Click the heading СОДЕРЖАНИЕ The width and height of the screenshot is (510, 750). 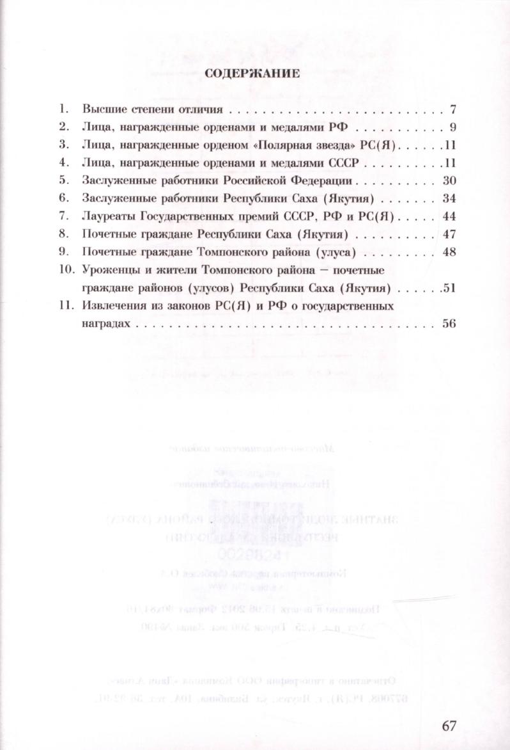click(252, 73)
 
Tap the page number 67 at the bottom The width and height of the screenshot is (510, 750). click(450, 726)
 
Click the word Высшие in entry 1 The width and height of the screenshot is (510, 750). click(102, 108)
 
